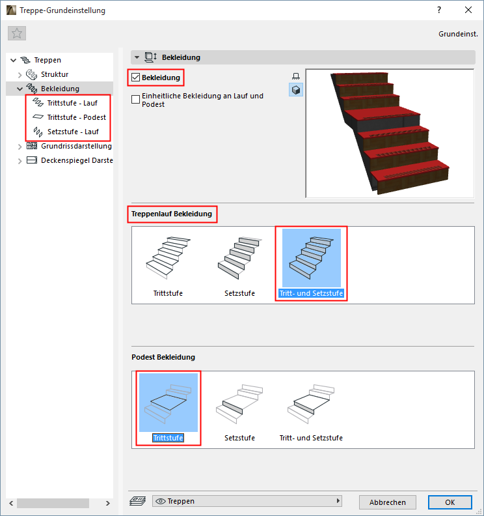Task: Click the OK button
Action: pos(450,502)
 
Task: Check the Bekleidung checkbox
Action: pos(135,78)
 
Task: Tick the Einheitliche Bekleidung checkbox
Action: pos(135,100)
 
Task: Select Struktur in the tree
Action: pos(55,74)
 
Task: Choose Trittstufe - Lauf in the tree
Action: pos(72,103)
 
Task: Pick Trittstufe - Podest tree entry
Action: pos(77,117)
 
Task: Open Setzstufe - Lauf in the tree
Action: pos(73,132)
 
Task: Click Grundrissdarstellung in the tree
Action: pos(76,146)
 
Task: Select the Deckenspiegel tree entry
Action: pos(77,160)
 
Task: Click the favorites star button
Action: pos(17,33)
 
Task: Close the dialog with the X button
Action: pos(468,10)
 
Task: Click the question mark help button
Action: pos(439,10)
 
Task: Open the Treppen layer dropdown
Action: pos(247,501)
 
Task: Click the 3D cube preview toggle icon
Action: pos(296,90)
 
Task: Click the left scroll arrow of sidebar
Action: pos(11,503)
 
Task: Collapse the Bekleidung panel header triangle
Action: pos(137,57)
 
